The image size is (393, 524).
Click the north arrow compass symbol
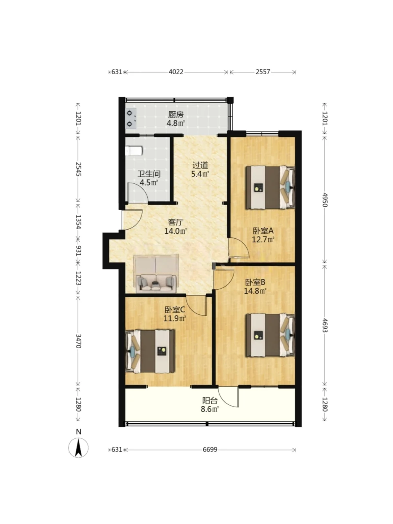(x=78, y=447)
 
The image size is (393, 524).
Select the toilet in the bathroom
(x=134, y=151)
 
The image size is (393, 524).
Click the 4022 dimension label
(x=176, y=72)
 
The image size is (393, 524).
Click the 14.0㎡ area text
(x=175, y=231)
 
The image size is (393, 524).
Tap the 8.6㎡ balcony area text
(x=210, y=409)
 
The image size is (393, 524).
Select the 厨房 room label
(x=176, y=115)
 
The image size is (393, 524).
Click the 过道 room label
(x=200, y=165)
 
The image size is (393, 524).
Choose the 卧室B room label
(x=255, y=282)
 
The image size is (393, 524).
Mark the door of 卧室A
(x=239, y=248)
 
